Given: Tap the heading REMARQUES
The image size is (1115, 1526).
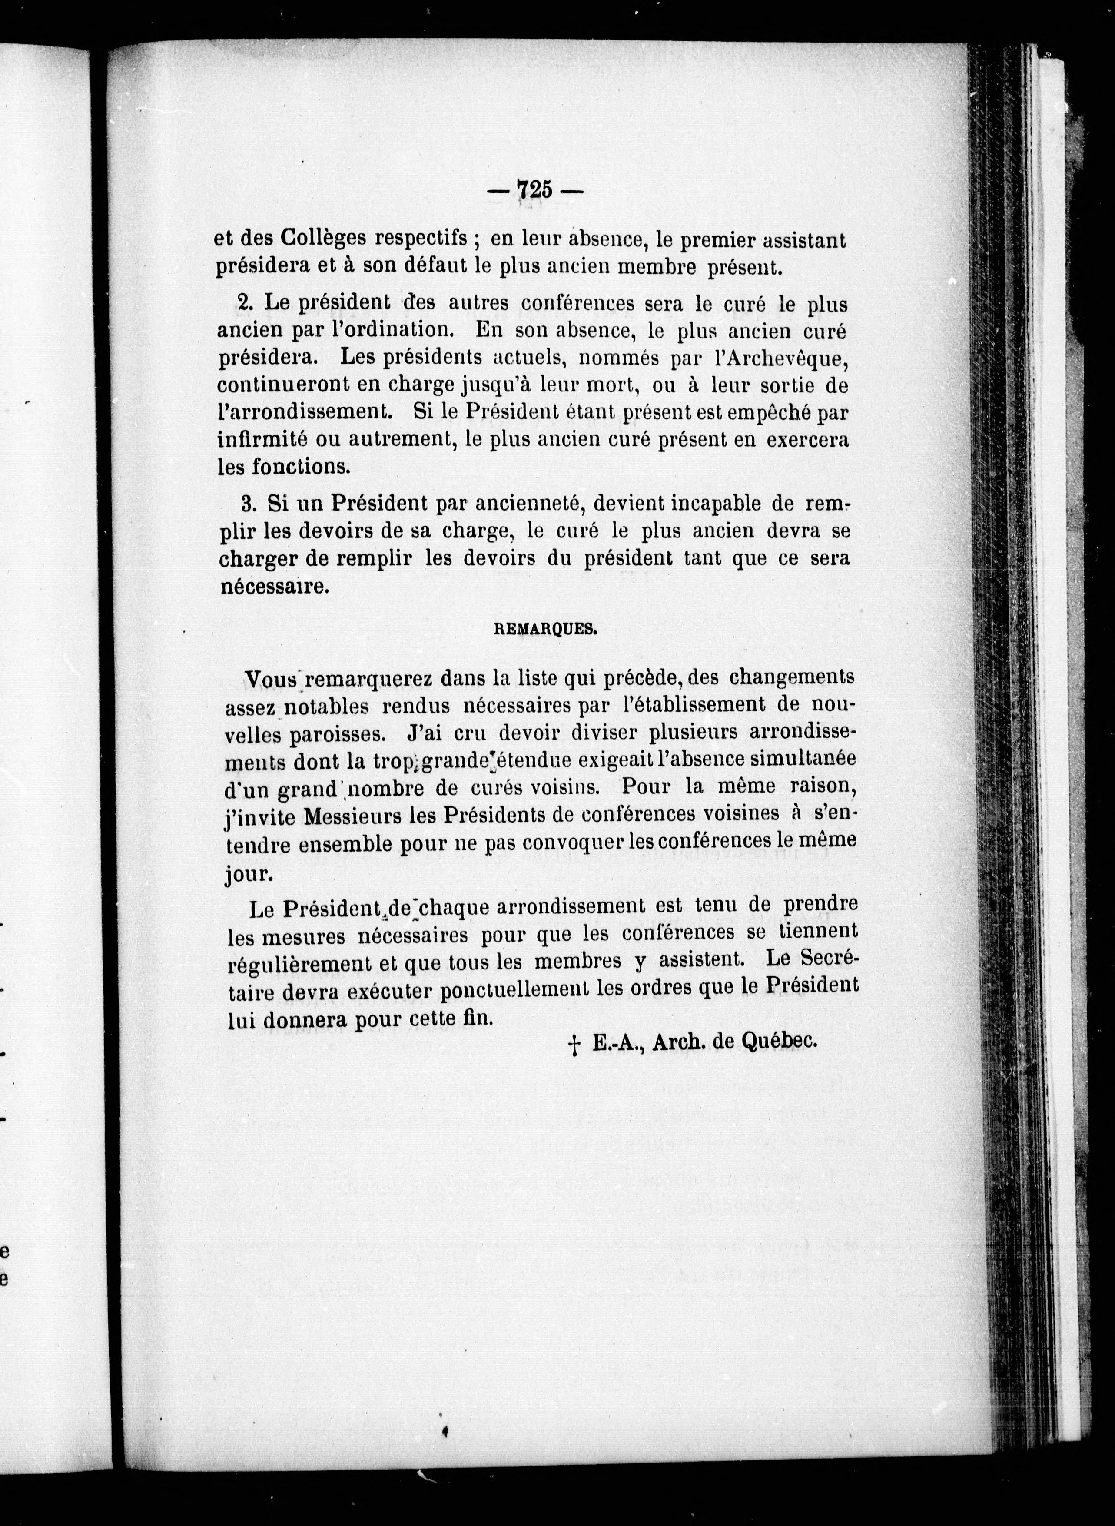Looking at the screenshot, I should point(545,629).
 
